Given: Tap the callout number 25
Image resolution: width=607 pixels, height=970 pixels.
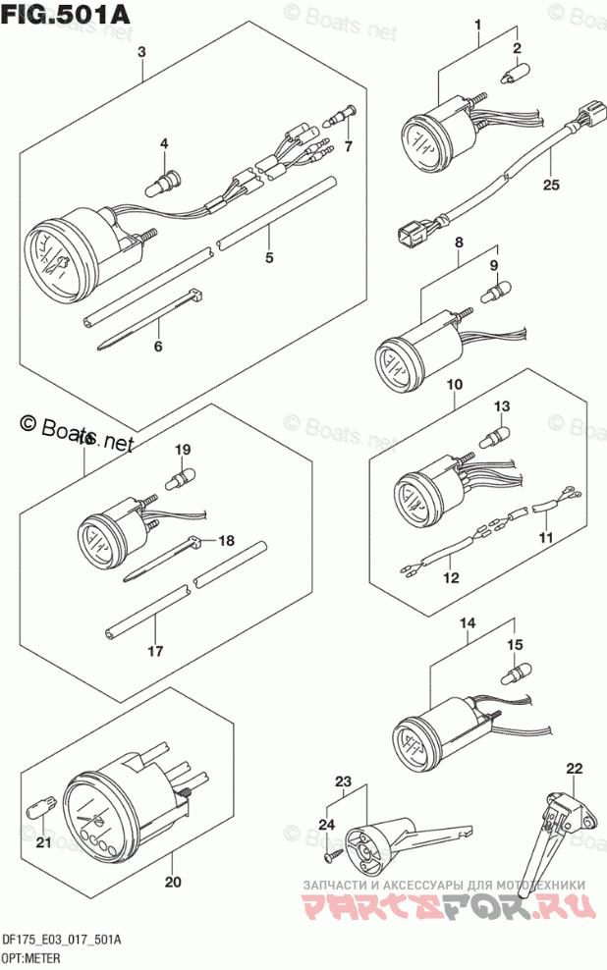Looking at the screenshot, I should coord(550,184).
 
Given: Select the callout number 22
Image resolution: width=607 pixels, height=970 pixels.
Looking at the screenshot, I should coord(574,768).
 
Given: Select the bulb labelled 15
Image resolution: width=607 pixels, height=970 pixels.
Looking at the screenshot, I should coord(514,673).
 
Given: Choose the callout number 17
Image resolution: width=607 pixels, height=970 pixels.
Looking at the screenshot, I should coord(154,651).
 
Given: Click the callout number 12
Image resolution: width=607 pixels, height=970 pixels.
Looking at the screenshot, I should coord(451,578).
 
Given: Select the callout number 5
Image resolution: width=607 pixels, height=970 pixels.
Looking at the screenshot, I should coord(269,259).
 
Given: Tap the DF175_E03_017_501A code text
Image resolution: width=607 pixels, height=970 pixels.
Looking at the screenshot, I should coord(62,940).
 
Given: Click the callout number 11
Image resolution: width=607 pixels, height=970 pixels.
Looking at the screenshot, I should coord(544,539).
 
